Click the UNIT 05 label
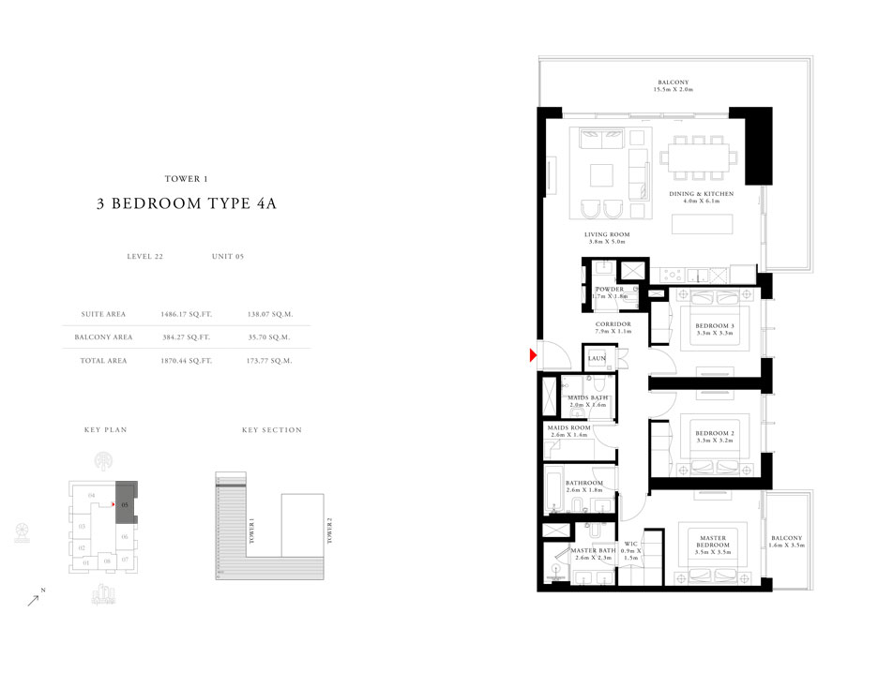228,256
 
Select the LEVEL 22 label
144,256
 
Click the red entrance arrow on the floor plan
533,354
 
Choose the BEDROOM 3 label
714,326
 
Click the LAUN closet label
596,358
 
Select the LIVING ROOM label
606,237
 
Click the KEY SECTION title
271,430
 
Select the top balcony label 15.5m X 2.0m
672,86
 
